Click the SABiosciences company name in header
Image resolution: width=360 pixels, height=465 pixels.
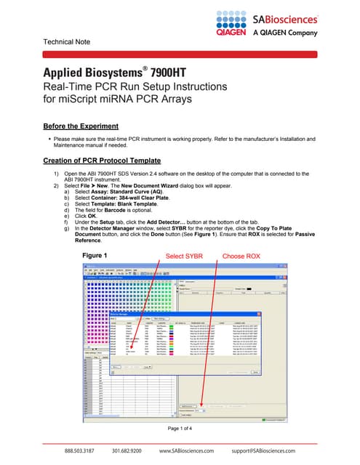[x=285, y=18]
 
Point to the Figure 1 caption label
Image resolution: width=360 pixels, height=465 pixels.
[x=95, y=256]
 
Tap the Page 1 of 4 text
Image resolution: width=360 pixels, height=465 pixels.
[x=180, y=429]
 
